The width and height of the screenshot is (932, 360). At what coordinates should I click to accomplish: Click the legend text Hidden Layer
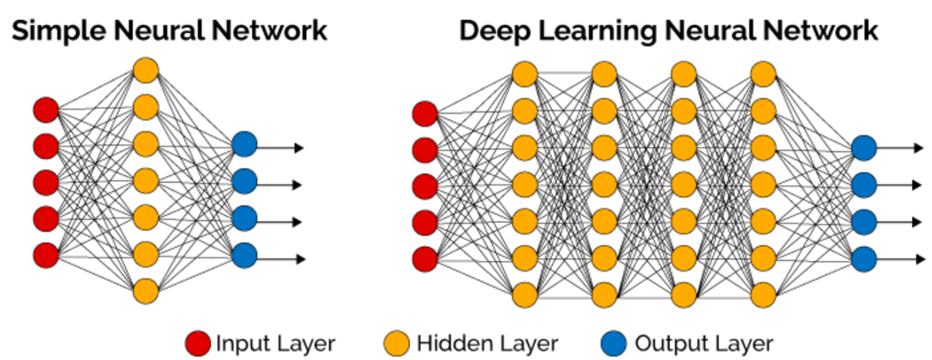coord(487,343)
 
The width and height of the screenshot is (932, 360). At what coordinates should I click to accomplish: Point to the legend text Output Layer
coord(703,343)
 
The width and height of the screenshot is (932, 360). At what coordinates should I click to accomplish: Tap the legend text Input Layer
coord(275,343)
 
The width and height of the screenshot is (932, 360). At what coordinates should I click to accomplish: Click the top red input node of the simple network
coord(46,109)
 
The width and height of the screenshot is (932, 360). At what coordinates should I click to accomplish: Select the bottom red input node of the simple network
coord(46,254)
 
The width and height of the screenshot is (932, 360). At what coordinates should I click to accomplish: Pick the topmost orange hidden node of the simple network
coord(145,70)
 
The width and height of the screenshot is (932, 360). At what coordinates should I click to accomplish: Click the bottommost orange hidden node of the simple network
coord(145,291)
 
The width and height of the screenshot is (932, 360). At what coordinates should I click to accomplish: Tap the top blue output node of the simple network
coord(244,145)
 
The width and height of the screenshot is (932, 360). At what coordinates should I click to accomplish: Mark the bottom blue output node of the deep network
coord(864,258)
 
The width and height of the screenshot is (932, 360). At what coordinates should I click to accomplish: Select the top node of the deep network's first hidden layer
coord(525,74)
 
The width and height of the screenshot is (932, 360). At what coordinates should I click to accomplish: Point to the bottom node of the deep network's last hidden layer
coord(762,293)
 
